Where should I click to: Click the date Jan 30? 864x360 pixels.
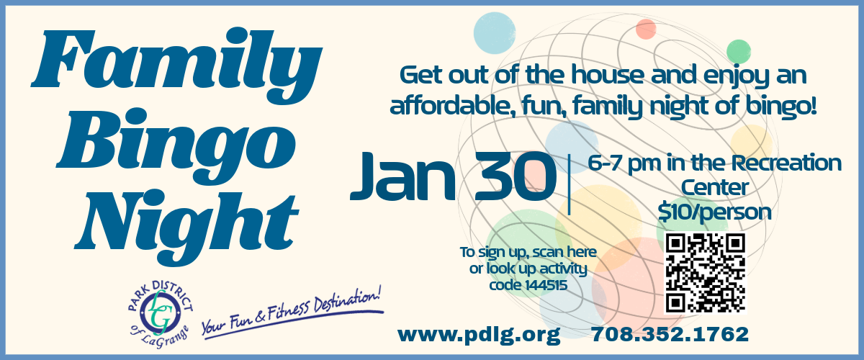(x=454, y=176)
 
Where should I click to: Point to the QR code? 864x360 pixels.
(x=705, y=273)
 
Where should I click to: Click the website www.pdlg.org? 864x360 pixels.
(x=479, y=334)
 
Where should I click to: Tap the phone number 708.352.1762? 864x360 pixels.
(x=670, y=334)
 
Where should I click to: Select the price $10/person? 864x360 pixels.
(x=715, y=212)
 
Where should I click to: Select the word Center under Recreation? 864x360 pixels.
(x=716, y=188)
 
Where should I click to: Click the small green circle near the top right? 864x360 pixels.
(x=738, y=50)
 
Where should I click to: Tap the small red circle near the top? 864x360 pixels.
(x=645, y=30)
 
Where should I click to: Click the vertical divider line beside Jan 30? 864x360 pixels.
(x=570, y=184)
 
